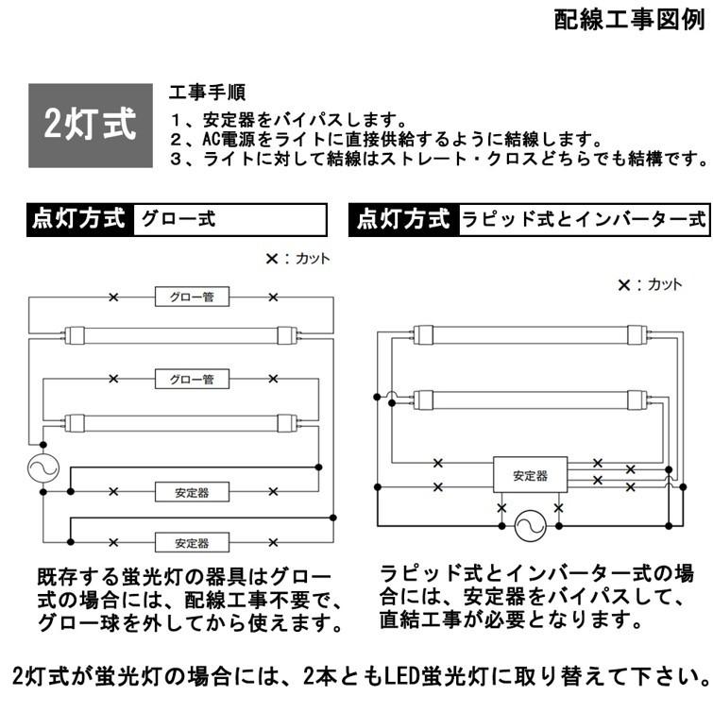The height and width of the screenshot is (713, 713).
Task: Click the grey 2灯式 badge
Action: coord(91,126)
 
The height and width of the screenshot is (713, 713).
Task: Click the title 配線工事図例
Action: coord(629,22)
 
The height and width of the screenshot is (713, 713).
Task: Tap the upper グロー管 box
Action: coord(192,297)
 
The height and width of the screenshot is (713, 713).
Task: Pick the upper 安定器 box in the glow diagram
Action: coord(192,491)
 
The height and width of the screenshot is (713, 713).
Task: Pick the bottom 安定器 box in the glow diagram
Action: coord(192,543)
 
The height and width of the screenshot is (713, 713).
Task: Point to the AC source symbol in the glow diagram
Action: coord(42,468)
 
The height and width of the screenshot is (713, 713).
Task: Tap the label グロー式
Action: coord(178,219)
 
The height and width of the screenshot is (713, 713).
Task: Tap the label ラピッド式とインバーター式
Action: coord(583,219)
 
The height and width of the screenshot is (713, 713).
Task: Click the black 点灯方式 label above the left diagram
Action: coord(80,219)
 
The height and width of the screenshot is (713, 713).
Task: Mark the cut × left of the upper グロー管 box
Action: coord(113,297)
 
